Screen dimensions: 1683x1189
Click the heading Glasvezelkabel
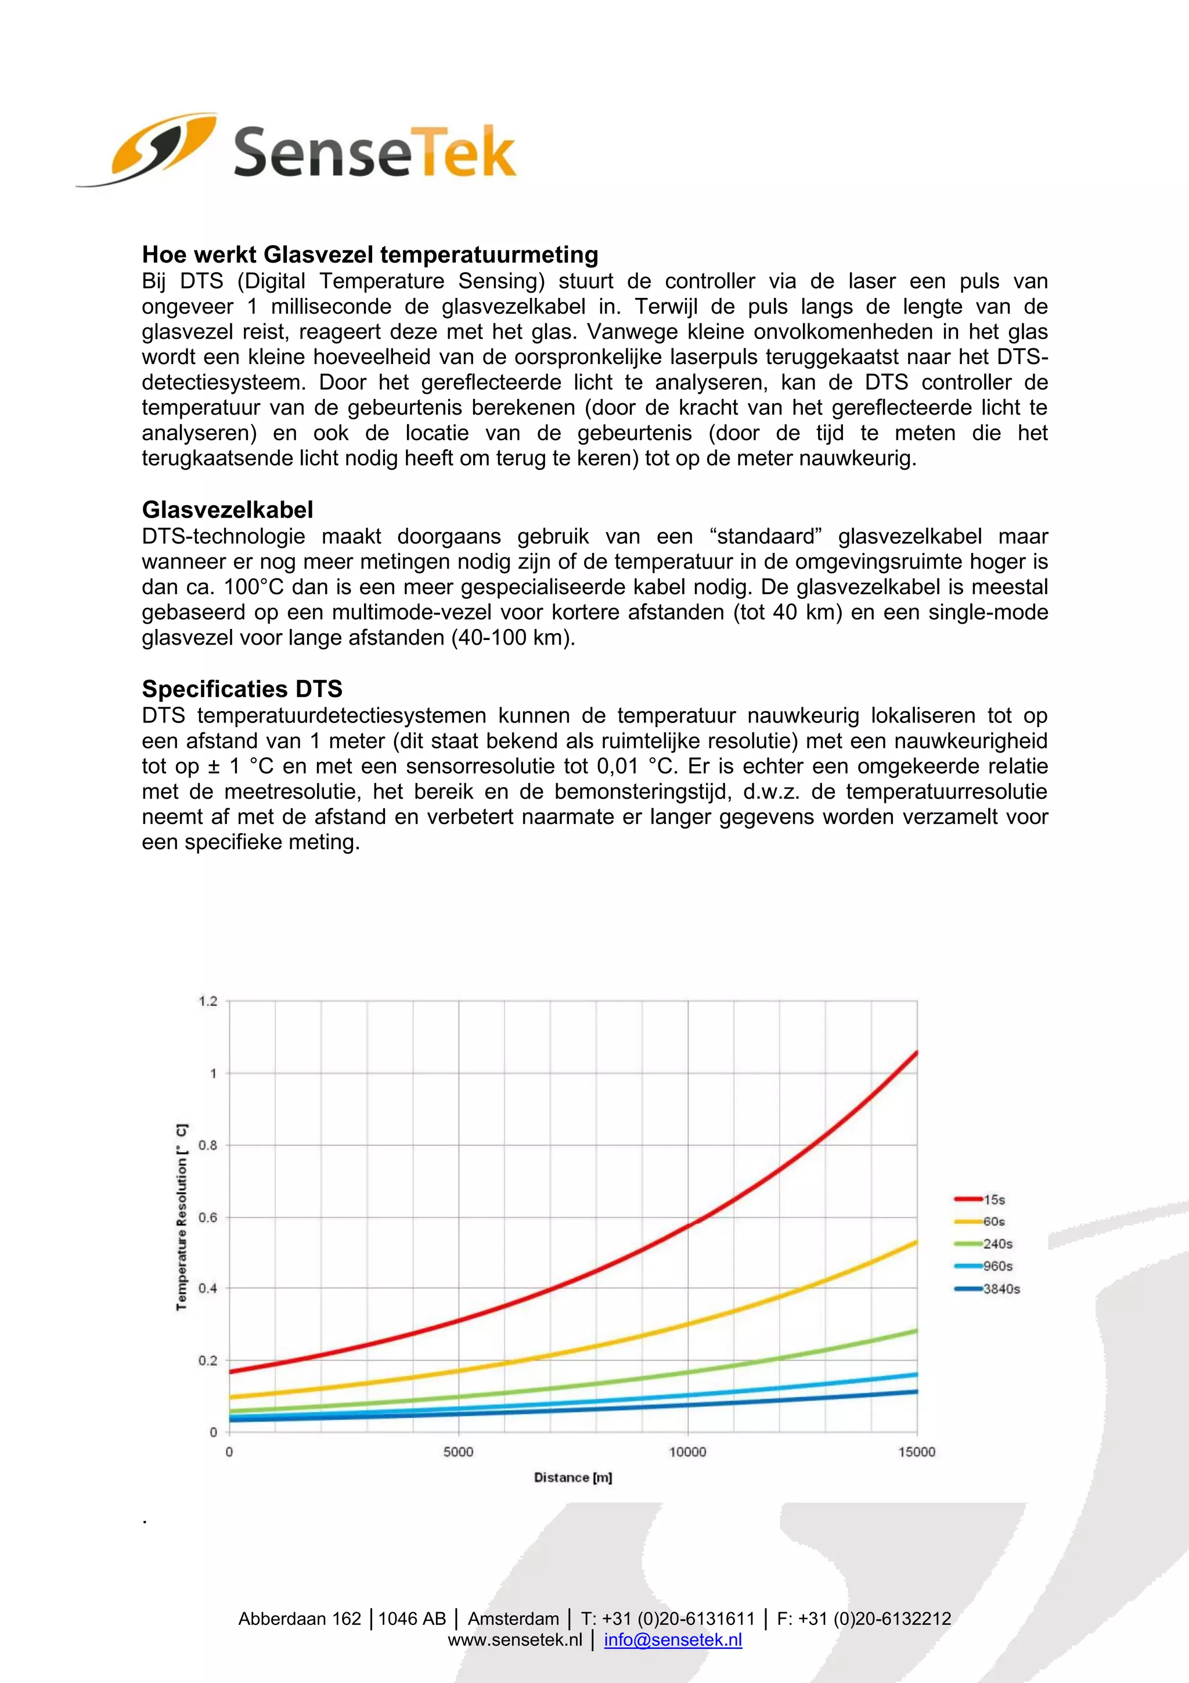click(227, 509)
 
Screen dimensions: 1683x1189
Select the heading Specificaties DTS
click(242, 689)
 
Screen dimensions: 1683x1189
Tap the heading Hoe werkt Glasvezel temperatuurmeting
click(370, 254)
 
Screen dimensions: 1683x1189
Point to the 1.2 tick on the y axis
click(208, 1001)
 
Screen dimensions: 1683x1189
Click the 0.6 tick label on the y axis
click(208, 1218)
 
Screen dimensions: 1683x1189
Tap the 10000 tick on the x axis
click(687, 1452)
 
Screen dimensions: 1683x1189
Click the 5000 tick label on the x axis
click(459, 1452)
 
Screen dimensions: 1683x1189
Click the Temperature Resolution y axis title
click(182, 1217)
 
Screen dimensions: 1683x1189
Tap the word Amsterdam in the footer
click(513, 1619)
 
